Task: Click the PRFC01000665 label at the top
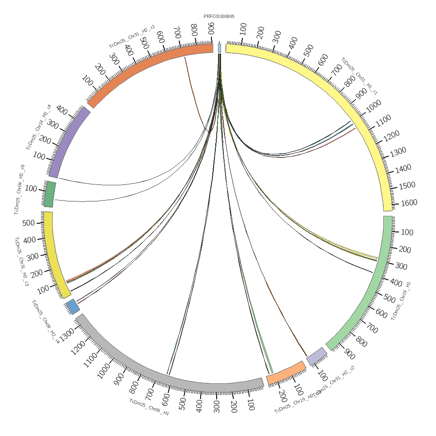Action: point(219,17)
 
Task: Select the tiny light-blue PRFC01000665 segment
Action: point(219,48)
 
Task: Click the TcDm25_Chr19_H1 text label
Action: point(401,301)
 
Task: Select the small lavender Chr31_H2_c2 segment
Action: point(317,356)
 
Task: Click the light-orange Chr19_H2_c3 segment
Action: point(286,372)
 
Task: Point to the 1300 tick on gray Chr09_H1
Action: point(68,334)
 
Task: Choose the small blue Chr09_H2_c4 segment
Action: point(72,307)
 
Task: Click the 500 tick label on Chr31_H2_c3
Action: point(28,223)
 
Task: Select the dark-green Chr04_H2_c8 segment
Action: point(50,194)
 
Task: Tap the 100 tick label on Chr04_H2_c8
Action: point(31,189)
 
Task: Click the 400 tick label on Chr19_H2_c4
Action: point(62,112)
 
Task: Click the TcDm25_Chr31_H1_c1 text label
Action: point(359,76)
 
